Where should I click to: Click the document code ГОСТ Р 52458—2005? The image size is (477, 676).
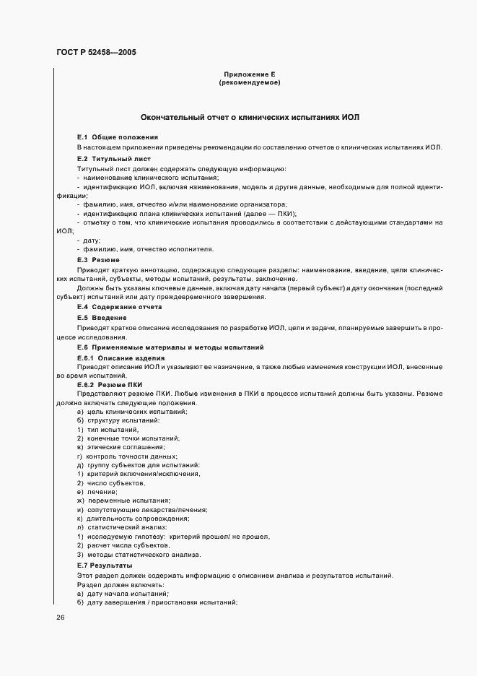[95, 53]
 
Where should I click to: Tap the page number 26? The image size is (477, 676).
[61, 617]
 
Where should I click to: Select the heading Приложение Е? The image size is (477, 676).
[250, 75]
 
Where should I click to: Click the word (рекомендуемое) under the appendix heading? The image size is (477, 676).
[250, 83]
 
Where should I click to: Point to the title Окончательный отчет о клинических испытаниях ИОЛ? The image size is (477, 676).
[250, 117]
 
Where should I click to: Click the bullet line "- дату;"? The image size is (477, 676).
[88, 240]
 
